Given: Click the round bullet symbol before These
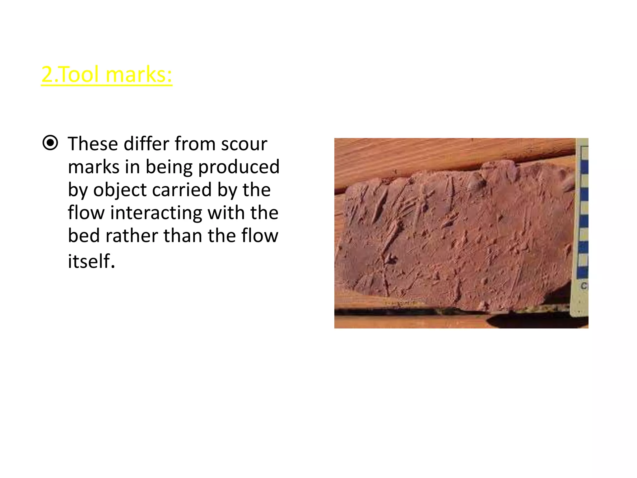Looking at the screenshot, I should pos(50,143).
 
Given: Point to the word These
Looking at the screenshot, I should pos(93,144).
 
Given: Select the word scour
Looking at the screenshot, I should pos(244,144).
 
